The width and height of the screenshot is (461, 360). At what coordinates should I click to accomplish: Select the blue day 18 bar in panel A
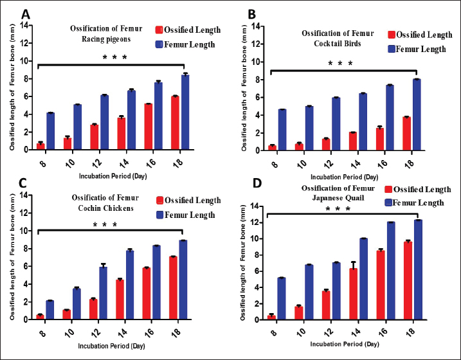click(x=185, y=112)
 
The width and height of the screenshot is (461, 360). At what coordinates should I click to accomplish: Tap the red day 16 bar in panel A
click(x=148, y=127)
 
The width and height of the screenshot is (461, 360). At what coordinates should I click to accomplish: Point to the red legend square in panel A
click(x=161, y=30)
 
